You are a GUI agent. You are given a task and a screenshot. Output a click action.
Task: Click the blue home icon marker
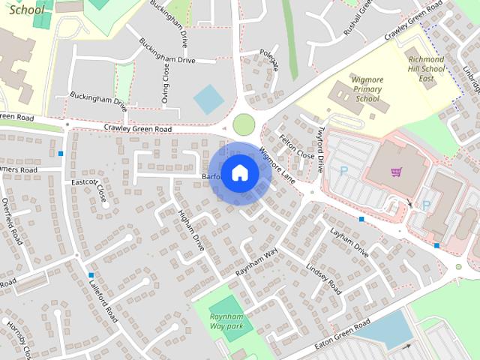point(239,172)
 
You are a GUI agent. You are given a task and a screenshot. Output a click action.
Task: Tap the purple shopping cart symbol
point(396,172)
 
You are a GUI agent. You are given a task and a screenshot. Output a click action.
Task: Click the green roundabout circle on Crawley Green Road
point(244,124)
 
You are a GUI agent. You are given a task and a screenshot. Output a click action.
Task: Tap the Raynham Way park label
point(226,322)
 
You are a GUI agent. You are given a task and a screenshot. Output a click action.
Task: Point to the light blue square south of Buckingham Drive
point(208,100)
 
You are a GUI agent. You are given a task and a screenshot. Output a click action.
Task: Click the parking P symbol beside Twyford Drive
point(343,171)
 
